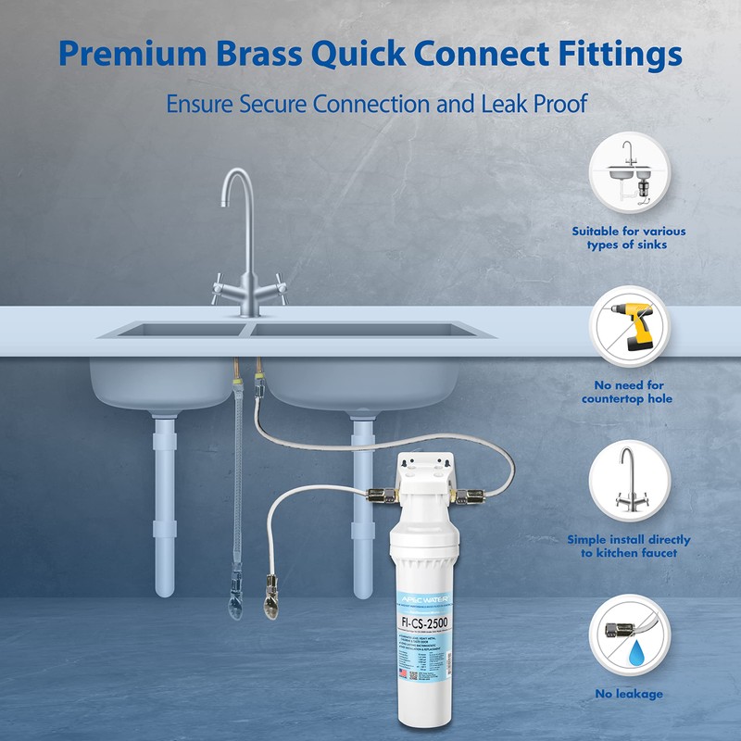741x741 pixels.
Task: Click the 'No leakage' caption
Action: pos(629,694)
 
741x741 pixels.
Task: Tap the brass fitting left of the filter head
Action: pos(376,493)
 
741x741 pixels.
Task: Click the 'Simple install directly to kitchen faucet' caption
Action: pos(629,546)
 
